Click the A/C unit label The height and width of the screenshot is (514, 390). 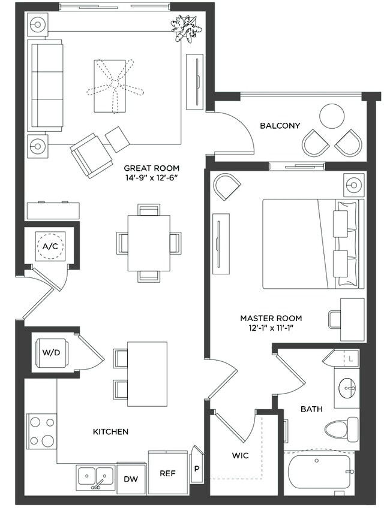tap(48, 246)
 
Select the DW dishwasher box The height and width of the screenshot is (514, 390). tap(130, 479)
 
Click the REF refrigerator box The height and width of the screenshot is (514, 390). tap(167, 473)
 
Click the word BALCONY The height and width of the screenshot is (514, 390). tap(280, 126)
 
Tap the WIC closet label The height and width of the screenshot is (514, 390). tap(240, 455)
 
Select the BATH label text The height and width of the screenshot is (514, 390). tap(312, 409)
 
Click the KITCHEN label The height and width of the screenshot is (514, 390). tap(110, 431)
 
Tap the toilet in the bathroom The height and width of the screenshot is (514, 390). tap(341, 429)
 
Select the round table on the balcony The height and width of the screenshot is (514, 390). tap(332, 116)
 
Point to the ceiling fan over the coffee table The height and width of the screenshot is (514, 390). tap(115, 86)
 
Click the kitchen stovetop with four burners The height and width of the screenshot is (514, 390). tap(41, 431)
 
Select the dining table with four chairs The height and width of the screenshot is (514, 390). tap(149, 243)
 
